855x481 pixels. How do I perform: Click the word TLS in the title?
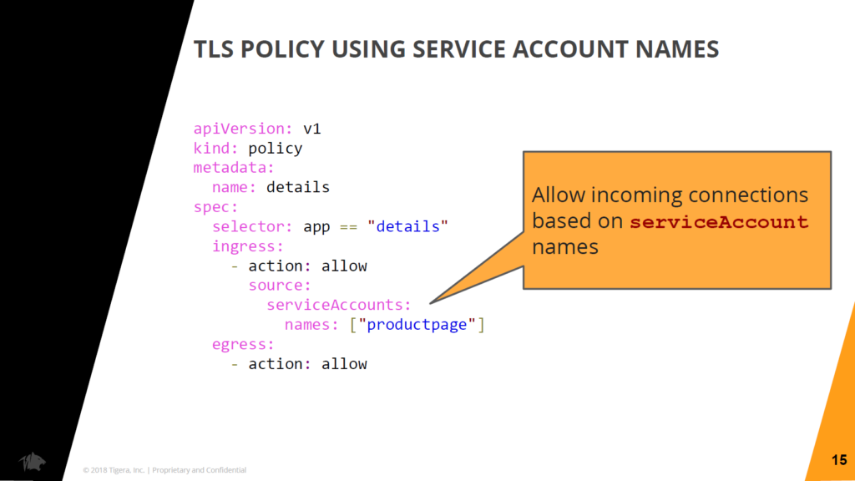214,49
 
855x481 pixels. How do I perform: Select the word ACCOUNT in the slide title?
569,49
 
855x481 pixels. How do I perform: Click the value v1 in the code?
312,129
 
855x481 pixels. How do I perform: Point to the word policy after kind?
276,149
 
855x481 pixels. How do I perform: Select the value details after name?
298,187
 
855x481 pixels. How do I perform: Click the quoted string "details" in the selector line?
407,226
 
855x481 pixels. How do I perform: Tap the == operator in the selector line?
348,227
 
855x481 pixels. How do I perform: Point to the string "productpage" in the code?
417,325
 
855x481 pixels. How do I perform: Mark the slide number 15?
839,460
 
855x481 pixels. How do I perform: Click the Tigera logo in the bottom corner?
33,461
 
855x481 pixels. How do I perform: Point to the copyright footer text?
164,470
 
